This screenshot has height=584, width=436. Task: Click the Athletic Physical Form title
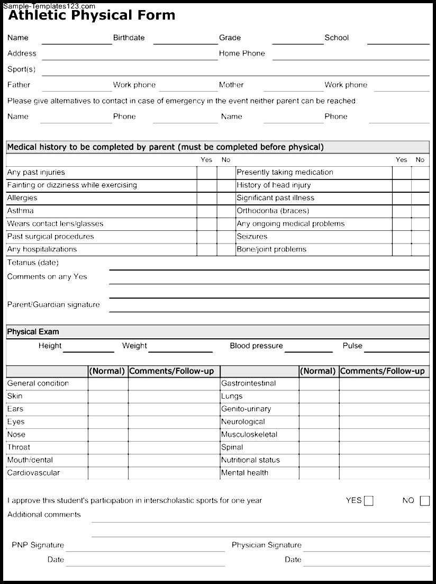92,15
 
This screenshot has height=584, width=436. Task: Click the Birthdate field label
129,38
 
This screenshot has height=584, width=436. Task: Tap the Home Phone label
242,53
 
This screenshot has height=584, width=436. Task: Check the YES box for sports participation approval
368,501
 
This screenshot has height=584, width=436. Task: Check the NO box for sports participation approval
424,501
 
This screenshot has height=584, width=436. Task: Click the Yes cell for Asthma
206,211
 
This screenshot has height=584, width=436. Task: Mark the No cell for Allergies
226,198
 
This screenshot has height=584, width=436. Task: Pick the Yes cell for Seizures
402,237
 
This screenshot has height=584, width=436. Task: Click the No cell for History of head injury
421,185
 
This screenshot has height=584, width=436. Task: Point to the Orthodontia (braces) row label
272,211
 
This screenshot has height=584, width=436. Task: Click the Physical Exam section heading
33,332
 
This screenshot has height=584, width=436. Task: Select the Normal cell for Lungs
319,396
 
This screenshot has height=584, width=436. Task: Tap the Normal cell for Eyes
108,422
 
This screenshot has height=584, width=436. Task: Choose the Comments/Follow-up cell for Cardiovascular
174,473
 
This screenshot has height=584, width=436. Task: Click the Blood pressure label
256,346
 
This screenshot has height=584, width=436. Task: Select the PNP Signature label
38,545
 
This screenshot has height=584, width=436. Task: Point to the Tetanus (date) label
33,263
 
